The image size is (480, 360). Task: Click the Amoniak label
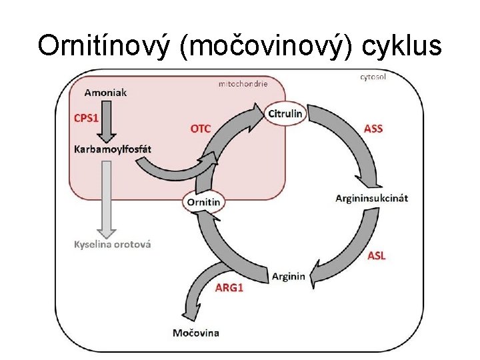105,92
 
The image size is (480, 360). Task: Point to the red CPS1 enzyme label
86,118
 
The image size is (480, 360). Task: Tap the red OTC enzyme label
200,129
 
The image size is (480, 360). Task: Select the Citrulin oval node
285,113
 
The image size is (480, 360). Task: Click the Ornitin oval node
204,201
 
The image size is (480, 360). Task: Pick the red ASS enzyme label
373,129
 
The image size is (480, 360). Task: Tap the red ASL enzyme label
377,256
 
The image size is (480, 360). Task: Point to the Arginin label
289,276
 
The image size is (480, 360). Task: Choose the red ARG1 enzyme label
229,288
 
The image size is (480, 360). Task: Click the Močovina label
196,332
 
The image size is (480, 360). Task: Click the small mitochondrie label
243,84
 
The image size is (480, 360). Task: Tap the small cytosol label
373,77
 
